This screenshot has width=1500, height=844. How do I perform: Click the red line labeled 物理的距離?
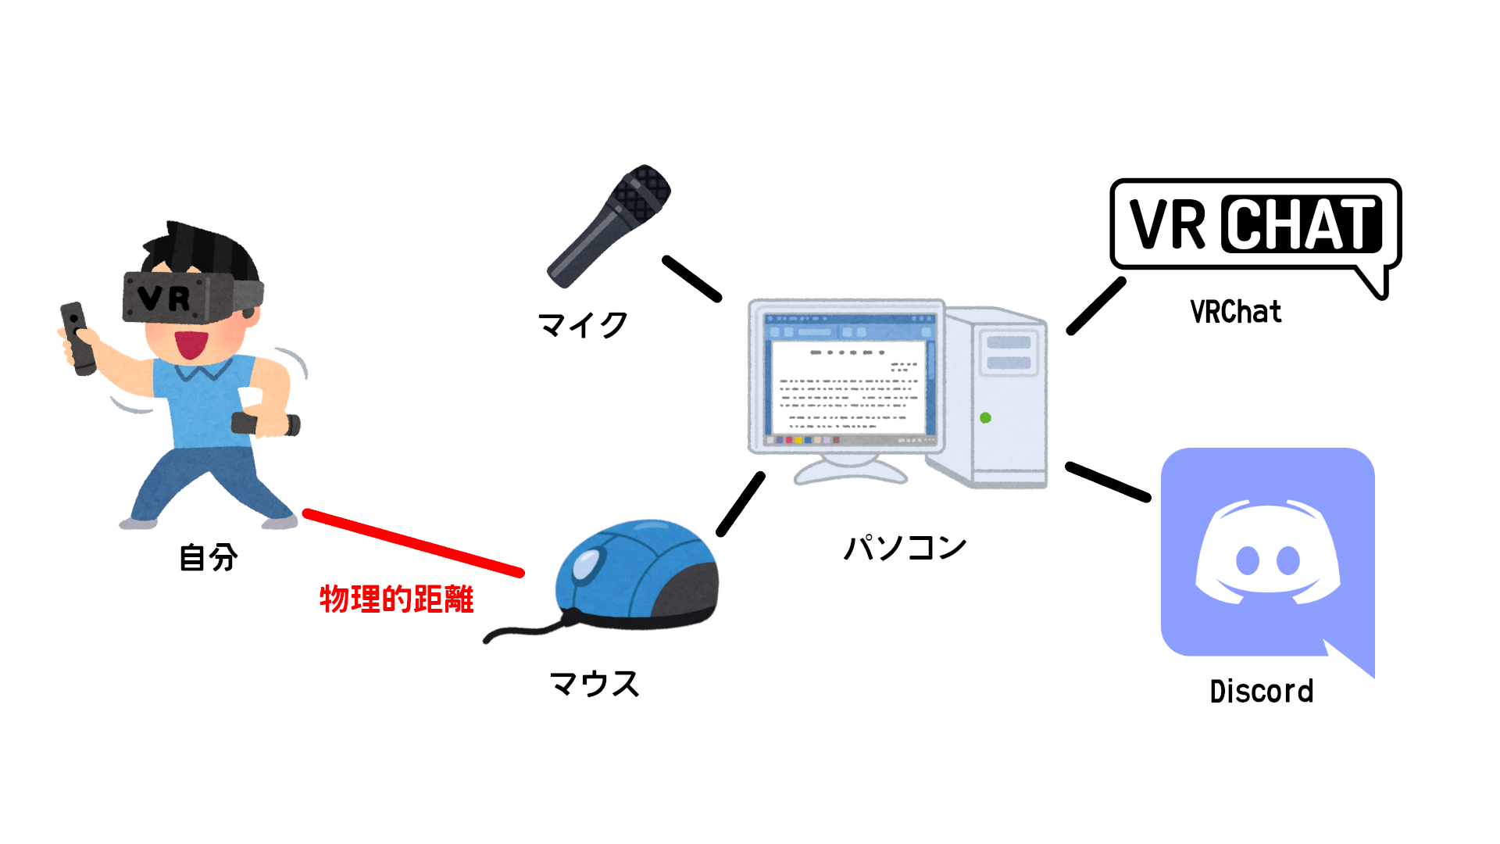[413, 543]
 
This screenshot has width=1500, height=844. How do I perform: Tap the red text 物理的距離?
[397, 599]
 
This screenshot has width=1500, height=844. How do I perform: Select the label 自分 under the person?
[208, 558]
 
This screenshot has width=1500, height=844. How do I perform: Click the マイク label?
[583, 324]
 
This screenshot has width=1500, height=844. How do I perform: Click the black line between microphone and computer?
[691, 278]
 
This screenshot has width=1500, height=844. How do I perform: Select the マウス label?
[595, 684]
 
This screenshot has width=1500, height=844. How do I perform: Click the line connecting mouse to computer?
[741, 504]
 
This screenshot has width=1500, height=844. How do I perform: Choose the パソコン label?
[905, 547]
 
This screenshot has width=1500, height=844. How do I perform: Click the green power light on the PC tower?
[985, 418]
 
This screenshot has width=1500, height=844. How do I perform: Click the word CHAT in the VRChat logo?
[1302, 224]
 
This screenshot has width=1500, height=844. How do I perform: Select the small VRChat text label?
[1235, 312]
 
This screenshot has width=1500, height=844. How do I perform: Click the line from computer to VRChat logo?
[1096, 306]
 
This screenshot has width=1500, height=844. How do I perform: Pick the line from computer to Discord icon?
[1108, 481]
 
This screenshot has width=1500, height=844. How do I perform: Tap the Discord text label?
[1261, 692]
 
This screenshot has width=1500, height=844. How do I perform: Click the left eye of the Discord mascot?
[1248, 560]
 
